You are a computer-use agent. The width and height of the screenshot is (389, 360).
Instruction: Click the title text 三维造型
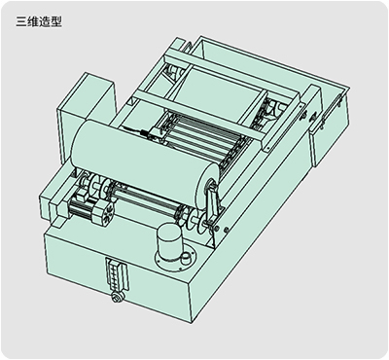point(39,21)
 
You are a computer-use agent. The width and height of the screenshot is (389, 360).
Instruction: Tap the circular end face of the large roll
point(207,188)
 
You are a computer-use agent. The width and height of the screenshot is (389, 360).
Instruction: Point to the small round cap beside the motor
point(185,259)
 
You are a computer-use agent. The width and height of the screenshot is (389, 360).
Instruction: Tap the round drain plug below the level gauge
point(116,297)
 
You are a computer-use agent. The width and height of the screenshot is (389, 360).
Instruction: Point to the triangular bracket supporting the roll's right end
point(211,202)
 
